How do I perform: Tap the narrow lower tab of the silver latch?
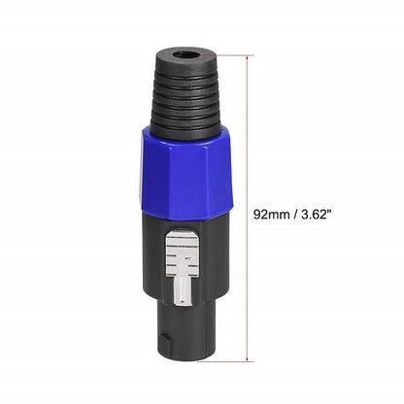182,292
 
